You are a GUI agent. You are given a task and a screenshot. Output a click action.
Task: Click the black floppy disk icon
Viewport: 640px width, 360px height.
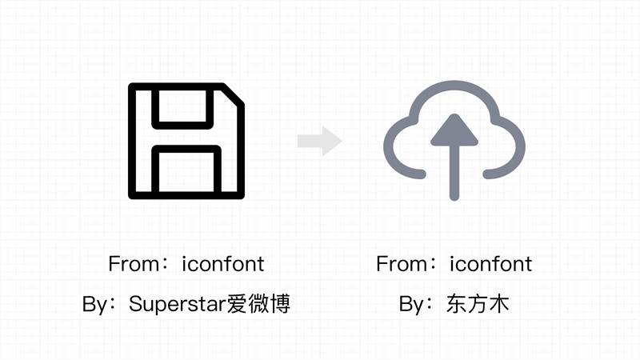pyautogui.click(x=186, y=140)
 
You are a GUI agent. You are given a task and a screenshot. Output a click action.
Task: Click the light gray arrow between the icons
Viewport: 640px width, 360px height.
pyautogui.click(x=320, y=142)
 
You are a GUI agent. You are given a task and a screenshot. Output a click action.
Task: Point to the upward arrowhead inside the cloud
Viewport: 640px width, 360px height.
pyautogui.click(x=454, y=130)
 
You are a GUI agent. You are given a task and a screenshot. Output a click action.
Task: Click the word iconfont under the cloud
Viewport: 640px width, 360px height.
pyautogui.click(x=490, y=263)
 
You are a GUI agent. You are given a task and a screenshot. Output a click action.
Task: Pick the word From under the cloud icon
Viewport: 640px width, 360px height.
pyautogui.click(x=398, y=263)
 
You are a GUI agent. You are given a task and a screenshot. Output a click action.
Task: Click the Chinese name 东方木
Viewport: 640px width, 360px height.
pyautogui.click(x=479, y=305)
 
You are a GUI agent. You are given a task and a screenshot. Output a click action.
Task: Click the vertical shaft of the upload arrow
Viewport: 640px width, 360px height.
pyautogui.click(x=454, y=172)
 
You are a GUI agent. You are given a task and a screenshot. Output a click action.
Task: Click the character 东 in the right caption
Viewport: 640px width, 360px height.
pyautogui.click(x=457, y=305)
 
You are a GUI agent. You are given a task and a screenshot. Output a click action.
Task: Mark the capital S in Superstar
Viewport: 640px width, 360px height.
pyautogui.click(x=134, y=305)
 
